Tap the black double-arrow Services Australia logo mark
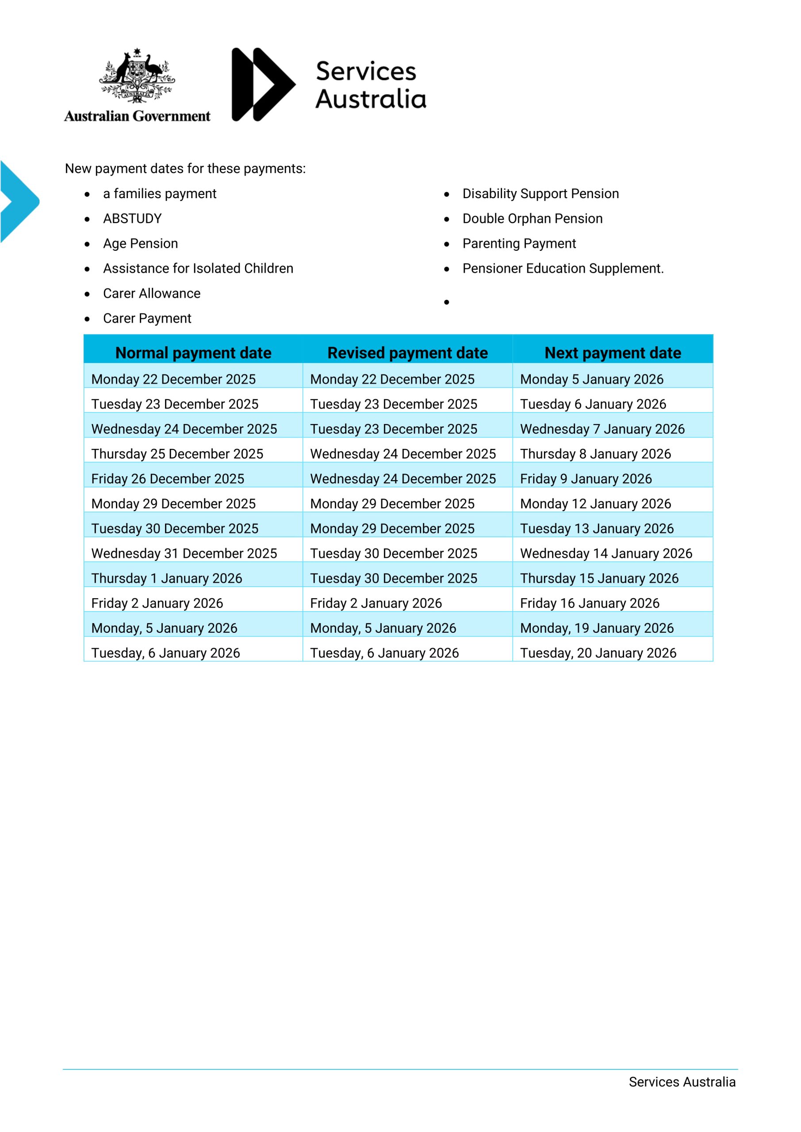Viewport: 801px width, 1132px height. pyautogui.click(x=263, y=84)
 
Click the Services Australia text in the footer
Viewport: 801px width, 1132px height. pyautogui.click(x=682, y=1082)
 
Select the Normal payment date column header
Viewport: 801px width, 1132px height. pyautogui.click(x=193, y=352)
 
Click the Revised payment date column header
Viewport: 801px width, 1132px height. pyautogui.click(x=407, y=352)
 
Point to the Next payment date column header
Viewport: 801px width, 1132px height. pyautogui.click(x=613, y=352)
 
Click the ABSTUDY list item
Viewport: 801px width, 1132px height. pyautogui.click(x=132, y=218)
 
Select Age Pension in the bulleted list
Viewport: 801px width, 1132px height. pyautogui.click(x=140, y=244)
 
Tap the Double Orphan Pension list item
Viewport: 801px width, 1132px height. pyautogui.click(x=532, y=218)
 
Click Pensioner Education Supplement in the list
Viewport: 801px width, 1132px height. pyautogui.click(x=563, y=268)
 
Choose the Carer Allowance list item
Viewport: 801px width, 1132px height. pyautogui.click(x=151, y=293)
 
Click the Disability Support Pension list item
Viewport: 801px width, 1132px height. pyautogui.click(x=540, y=194)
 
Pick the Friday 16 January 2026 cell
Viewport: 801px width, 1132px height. pyautogui.click(x=590, y=603)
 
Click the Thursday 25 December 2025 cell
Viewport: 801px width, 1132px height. pyautogui.click(x=177, y=454)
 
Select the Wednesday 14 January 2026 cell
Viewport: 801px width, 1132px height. pyautogui.click(x=606, y=553)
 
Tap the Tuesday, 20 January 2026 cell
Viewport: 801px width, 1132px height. pyautogui.click(x=598, y=653)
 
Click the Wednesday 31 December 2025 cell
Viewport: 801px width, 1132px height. pyautogui.click(x=184, y=553)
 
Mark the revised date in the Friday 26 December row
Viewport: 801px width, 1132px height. pyautogui.click(x=403, y=479)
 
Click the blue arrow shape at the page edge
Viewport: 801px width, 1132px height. pyautogui.click(x=19, y=201)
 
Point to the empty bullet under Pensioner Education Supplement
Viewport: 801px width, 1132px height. pyautogui.click(x=446, y=302)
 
